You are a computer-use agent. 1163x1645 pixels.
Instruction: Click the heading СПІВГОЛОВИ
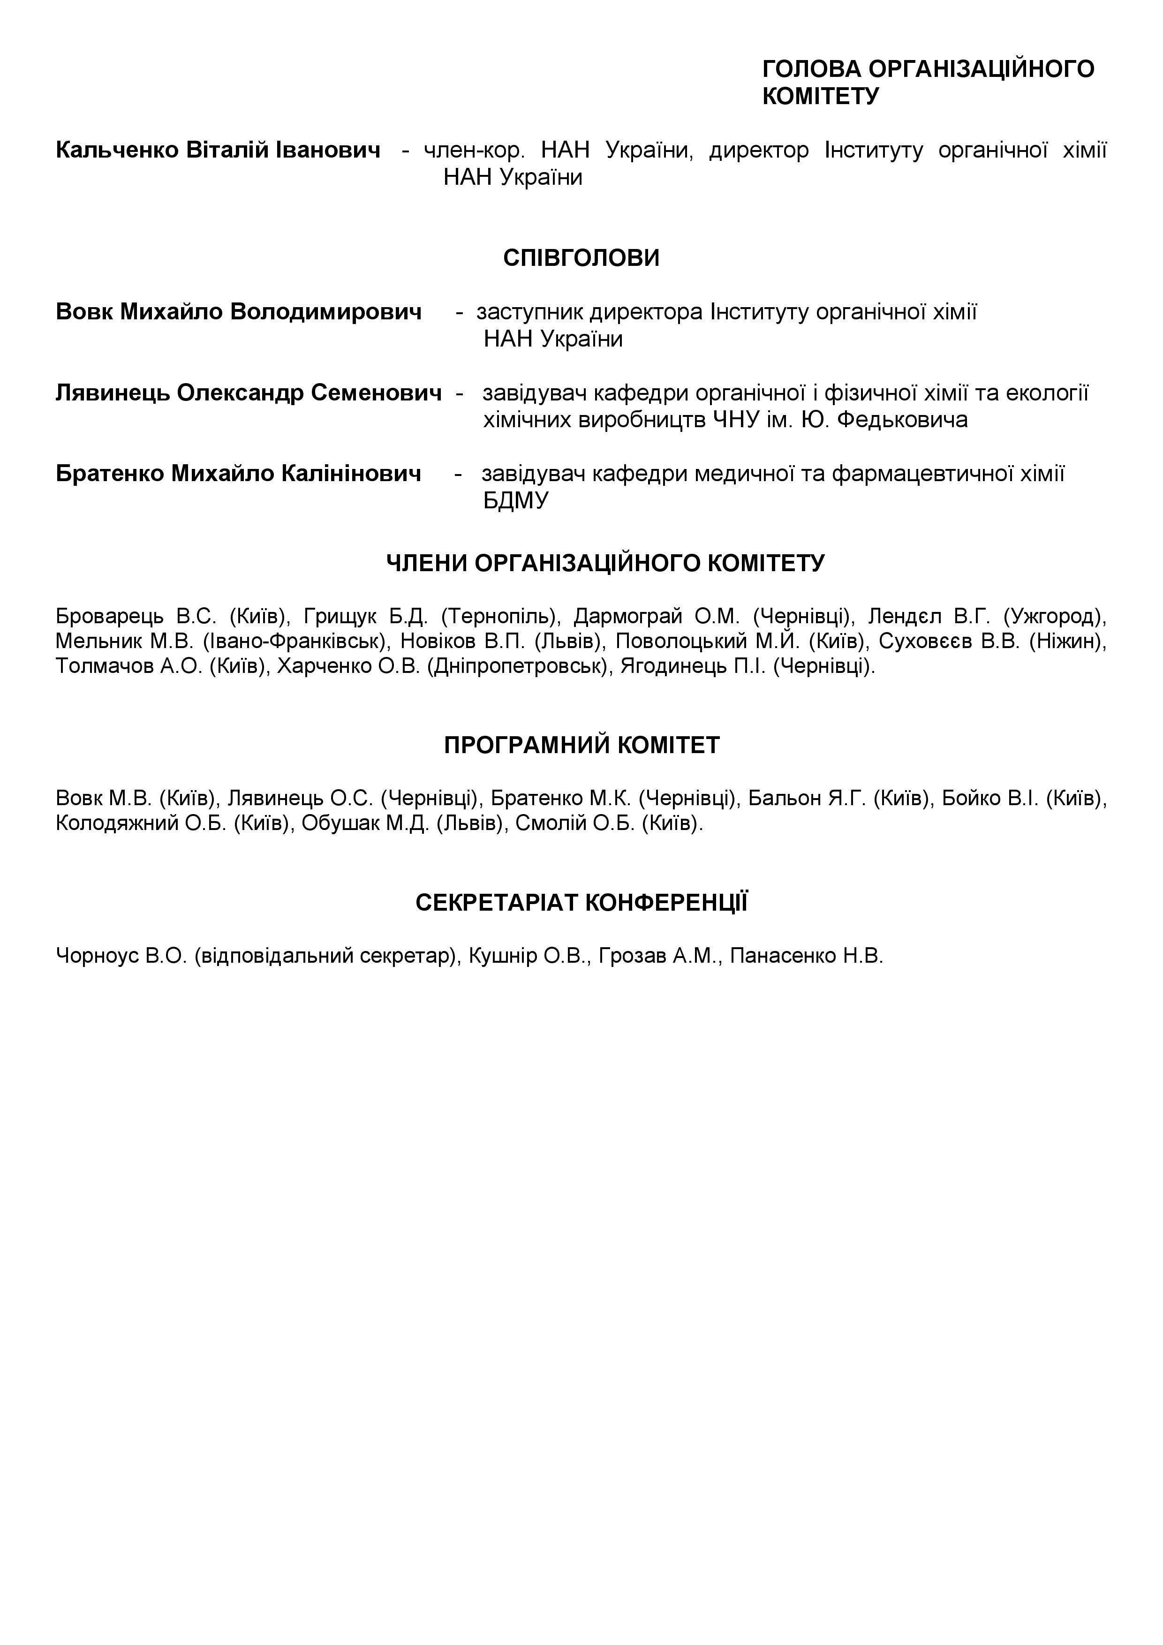click(581, 258)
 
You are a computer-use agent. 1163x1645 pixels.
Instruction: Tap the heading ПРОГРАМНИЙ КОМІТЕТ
click(581, 745)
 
